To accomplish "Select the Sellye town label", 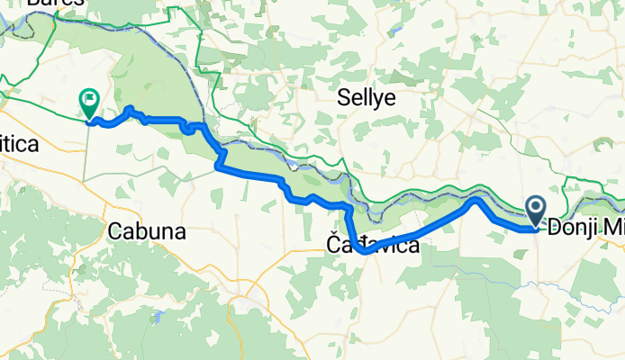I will click(x=367, y=96).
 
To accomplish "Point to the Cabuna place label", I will click(x=146, y=231).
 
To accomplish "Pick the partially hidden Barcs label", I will click(x=56, y=4).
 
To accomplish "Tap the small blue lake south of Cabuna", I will click(x=159, y=316).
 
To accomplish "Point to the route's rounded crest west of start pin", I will click(x=475, y=202).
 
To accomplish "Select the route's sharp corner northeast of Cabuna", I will click(x=218, y=165).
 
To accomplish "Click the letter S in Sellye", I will click(x=343, y=96).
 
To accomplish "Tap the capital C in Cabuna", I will click(x=113, y=231).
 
